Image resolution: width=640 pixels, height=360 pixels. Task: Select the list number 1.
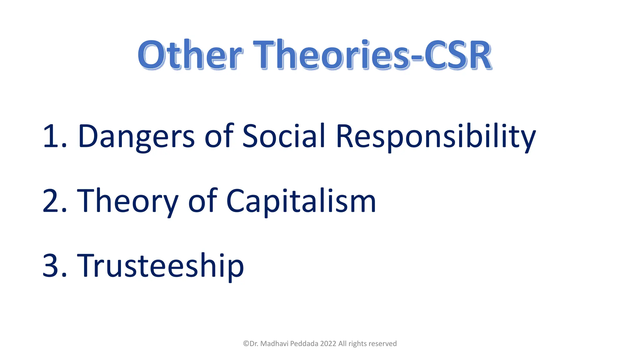54,136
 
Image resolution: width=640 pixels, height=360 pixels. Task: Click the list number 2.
54,201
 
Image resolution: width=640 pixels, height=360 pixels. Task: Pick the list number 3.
54,266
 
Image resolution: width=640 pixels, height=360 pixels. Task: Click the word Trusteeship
160,266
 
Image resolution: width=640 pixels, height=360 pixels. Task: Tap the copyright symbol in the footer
246,344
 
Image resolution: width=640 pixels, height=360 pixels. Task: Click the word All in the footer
342,344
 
